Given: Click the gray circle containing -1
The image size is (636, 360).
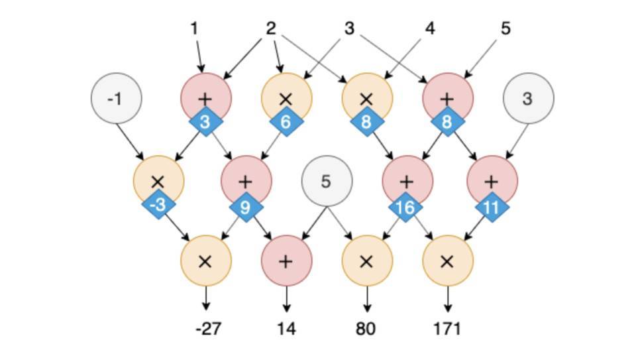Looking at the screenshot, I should click(116, 99).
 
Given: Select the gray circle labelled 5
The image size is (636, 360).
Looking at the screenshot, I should click(327, 181).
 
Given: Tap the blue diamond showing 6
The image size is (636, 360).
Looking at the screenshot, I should click(286, 123).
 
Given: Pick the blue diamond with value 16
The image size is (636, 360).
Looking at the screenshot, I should click(405, 207).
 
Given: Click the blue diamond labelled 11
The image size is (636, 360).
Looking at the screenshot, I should click(491, 207).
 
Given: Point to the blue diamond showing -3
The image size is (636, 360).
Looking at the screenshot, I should click(158, 206).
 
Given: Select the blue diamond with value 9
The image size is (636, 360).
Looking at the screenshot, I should click(245, 207).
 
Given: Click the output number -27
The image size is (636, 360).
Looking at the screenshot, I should click(207, 329).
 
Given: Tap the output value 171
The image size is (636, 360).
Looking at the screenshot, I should click(448, 329).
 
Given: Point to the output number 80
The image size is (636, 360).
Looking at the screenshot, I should click(366, 329).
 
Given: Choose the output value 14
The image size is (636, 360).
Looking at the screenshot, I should click(287, 329).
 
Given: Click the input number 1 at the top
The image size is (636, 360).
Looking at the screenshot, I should click(194, 29).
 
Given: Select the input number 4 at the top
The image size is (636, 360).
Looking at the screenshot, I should click(430, 29).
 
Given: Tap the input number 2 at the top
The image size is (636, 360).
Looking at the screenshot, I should click(270, 29).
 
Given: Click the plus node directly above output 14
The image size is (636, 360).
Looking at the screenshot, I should click(286, 261).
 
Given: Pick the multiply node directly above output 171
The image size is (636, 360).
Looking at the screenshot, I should click(448, 261).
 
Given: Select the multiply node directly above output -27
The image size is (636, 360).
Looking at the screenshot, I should click(206, 261).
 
